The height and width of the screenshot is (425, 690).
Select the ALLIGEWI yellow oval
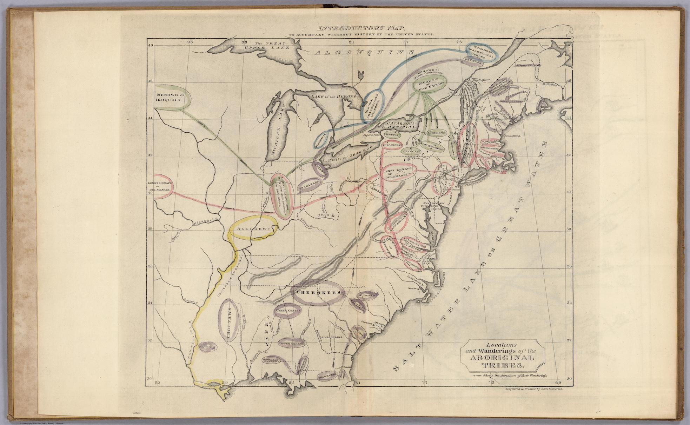tap(252, 230)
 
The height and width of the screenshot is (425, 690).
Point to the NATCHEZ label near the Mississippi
tap(207, 347)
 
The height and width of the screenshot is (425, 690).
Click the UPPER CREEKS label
tap(288, 311)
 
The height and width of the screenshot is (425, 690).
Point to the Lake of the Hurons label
tap(333, 96)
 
